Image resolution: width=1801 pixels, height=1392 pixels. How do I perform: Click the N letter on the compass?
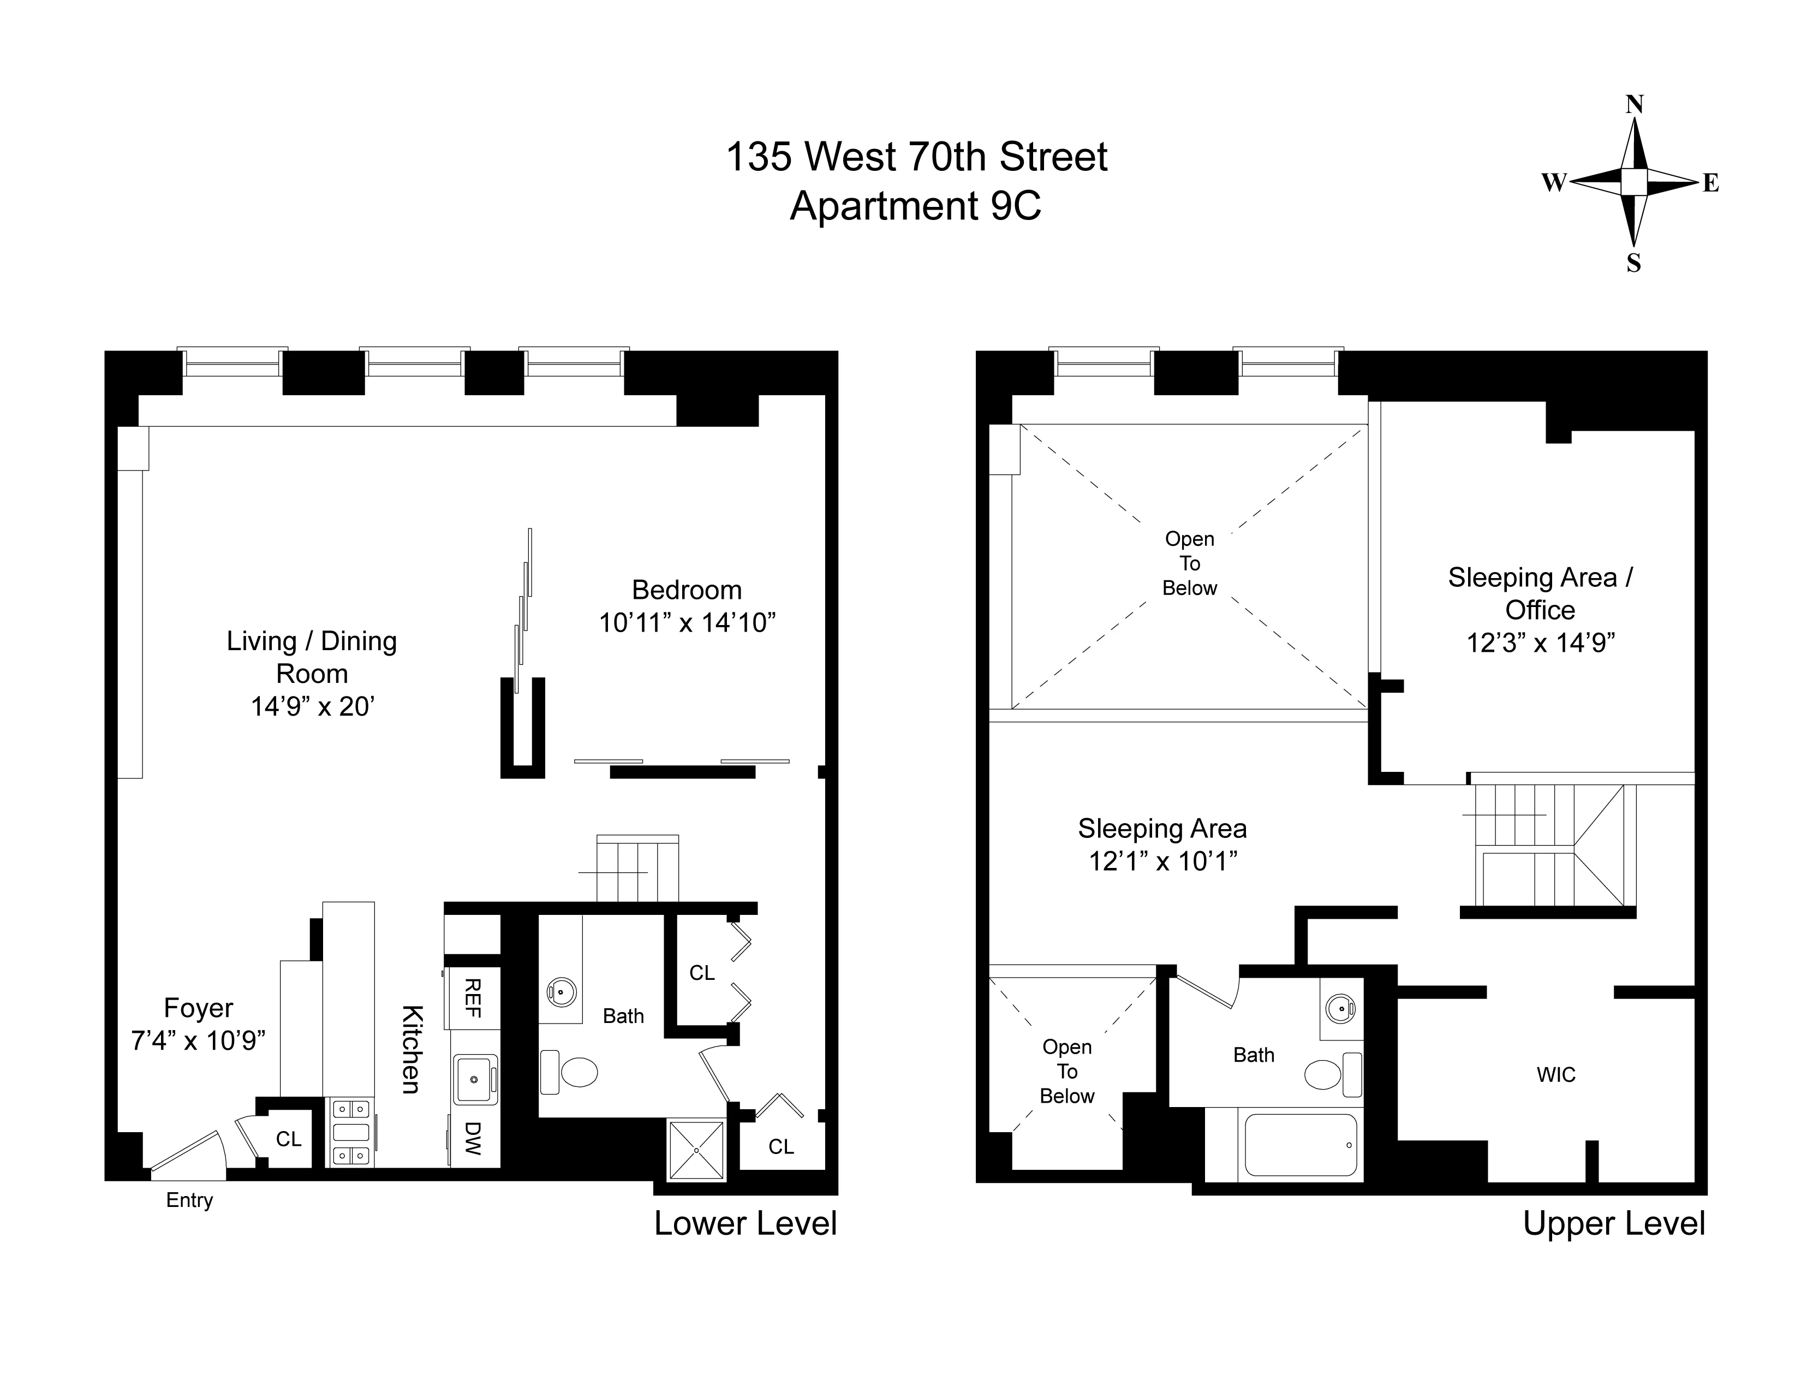click(1633, 105)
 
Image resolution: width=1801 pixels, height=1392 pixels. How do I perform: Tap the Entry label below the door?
click(190, 1200)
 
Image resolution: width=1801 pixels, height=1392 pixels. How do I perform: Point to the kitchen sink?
click(474, 1079)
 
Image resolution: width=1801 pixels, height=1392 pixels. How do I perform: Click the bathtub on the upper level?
click(1301, 1145)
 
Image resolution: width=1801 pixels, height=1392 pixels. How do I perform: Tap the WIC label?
click(1556, 1074)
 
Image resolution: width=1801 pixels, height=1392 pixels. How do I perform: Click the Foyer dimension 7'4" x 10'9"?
click(198, 1040)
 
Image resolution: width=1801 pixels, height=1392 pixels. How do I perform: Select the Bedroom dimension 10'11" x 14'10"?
click(687, 623)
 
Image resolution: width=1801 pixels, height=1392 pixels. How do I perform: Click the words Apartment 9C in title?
click(915, 205)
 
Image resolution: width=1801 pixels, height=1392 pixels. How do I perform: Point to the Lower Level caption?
click(746, 1224)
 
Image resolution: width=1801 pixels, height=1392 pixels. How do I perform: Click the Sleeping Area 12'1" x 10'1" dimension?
click(1162, 861)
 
